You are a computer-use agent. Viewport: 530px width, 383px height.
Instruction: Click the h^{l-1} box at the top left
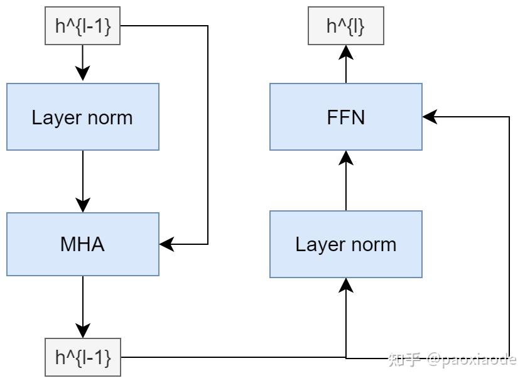[x=82, y=26]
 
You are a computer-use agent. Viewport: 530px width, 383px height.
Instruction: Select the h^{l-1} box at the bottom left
[x=83, y=357]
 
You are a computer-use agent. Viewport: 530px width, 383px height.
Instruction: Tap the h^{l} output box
[x=346, y=26]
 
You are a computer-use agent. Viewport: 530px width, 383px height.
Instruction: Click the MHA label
[x=82, y=244]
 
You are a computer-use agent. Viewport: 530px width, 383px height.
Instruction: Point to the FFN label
[x=346, y=117]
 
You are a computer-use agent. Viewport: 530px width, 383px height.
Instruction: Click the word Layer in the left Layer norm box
[x=57, y=118]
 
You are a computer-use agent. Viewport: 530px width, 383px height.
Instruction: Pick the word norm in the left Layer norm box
[x=110, y=118]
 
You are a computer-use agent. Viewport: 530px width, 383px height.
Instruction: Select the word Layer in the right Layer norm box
[x=320, y=245]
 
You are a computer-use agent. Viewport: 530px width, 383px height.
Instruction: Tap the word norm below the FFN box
[x=374, y=245]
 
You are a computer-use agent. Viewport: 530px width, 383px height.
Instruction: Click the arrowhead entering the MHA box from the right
[x=166, y=244]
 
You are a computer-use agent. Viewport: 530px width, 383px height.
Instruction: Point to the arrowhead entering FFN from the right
[x=430, y=117]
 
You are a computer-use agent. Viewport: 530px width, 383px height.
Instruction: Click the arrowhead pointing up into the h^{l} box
[x=346, y=52]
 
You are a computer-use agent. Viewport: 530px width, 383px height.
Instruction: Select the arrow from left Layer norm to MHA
[x=83, y=181]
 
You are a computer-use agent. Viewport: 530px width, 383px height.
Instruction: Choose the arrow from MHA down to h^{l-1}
[x=83, y=307]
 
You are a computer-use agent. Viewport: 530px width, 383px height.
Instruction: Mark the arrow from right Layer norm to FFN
[x=346, y=181]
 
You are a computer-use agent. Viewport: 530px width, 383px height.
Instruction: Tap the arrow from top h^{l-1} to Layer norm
[x=82, y=63]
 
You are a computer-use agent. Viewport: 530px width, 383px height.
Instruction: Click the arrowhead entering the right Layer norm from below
[x=346, y=285]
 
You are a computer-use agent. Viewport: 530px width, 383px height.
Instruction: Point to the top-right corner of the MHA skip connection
[x=207, y=26]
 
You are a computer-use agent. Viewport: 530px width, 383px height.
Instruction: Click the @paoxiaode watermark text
[x=472, y=360]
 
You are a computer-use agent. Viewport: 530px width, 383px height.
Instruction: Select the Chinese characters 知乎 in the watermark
[x=404, y=359]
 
